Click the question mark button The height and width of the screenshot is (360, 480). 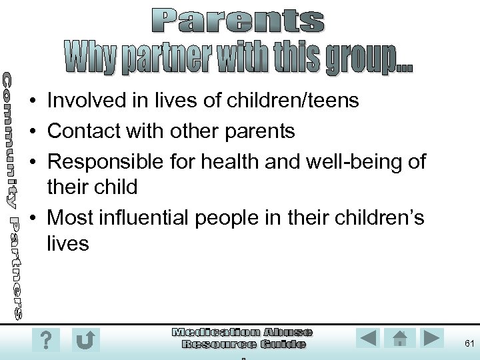tap(45, 339)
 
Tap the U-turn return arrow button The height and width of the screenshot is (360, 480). tap(85, 339)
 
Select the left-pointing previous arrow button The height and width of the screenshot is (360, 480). tap(368, 339)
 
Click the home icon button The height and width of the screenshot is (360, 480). tap(400, 339)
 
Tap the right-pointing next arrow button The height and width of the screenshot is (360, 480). tap(432, 339)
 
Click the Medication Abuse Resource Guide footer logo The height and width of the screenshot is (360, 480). tap(243, 339)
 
